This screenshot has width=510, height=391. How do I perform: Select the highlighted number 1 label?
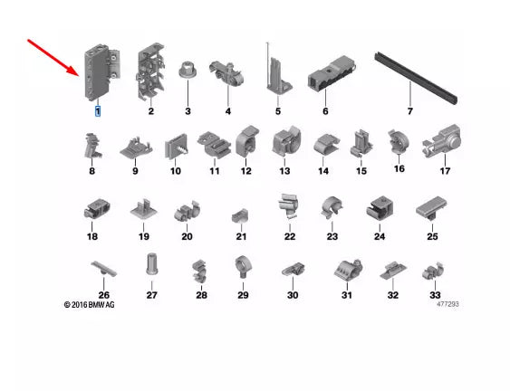pyautogui.click(x=98, y=111)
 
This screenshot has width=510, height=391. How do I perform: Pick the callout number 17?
pyautogui.click(x=445, y=170)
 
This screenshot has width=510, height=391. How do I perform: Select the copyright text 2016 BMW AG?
pyautogui.click(x=90, y=305)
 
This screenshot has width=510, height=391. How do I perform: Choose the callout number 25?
pyautogui.click(x=432, y=236)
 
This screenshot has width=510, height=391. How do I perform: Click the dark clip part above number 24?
pyautogui.click(x=379, y=210)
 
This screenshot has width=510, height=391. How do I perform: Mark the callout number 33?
pyautogui.click(x=436, y=295)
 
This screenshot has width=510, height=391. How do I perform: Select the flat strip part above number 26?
pyautogui.click(x=104, y=269)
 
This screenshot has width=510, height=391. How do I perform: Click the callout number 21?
pyautogui.click(x=242, y=236)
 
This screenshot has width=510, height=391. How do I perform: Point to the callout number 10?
pyautogui.click(x=175, y=170)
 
